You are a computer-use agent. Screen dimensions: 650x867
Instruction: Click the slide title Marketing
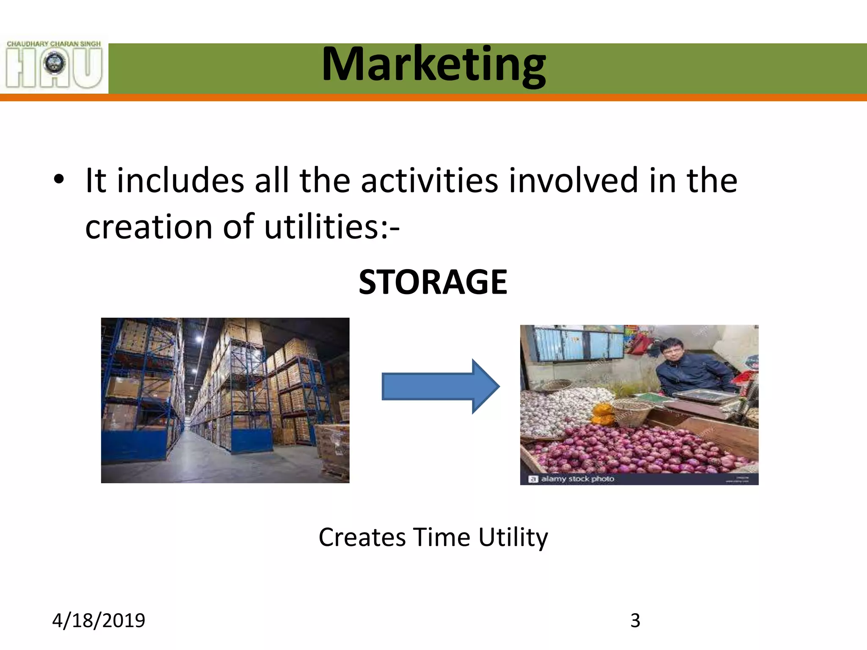pos(433,65)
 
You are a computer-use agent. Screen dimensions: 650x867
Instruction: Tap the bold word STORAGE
pos(433,282)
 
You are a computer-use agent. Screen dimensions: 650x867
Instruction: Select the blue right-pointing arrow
pos(441,386)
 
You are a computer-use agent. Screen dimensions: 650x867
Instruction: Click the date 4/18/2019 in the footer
pos(99,620)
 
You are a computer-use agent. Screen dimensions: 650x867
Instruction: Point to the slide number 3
pos(635,620)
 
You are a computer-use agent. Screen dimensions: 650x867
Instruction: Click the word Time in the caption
pos(442,537)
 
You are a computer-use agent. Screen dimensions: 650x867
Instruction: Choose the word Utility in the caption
pos(513,537)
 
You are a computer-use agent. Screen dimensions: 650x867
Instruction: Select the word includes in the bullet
pos(180,181)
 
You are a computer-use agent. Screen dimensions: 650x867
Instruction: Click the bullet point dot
pos(59,179)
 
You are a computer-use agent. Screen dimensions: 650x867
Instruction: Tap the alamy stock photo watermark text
pos(577,479)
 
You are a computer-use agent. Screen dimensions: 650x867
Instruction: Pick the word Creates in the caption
pos(362,537)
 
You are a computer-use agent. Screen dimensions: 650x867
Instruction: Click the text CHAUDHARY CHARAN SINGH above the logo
pos(54,44)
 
